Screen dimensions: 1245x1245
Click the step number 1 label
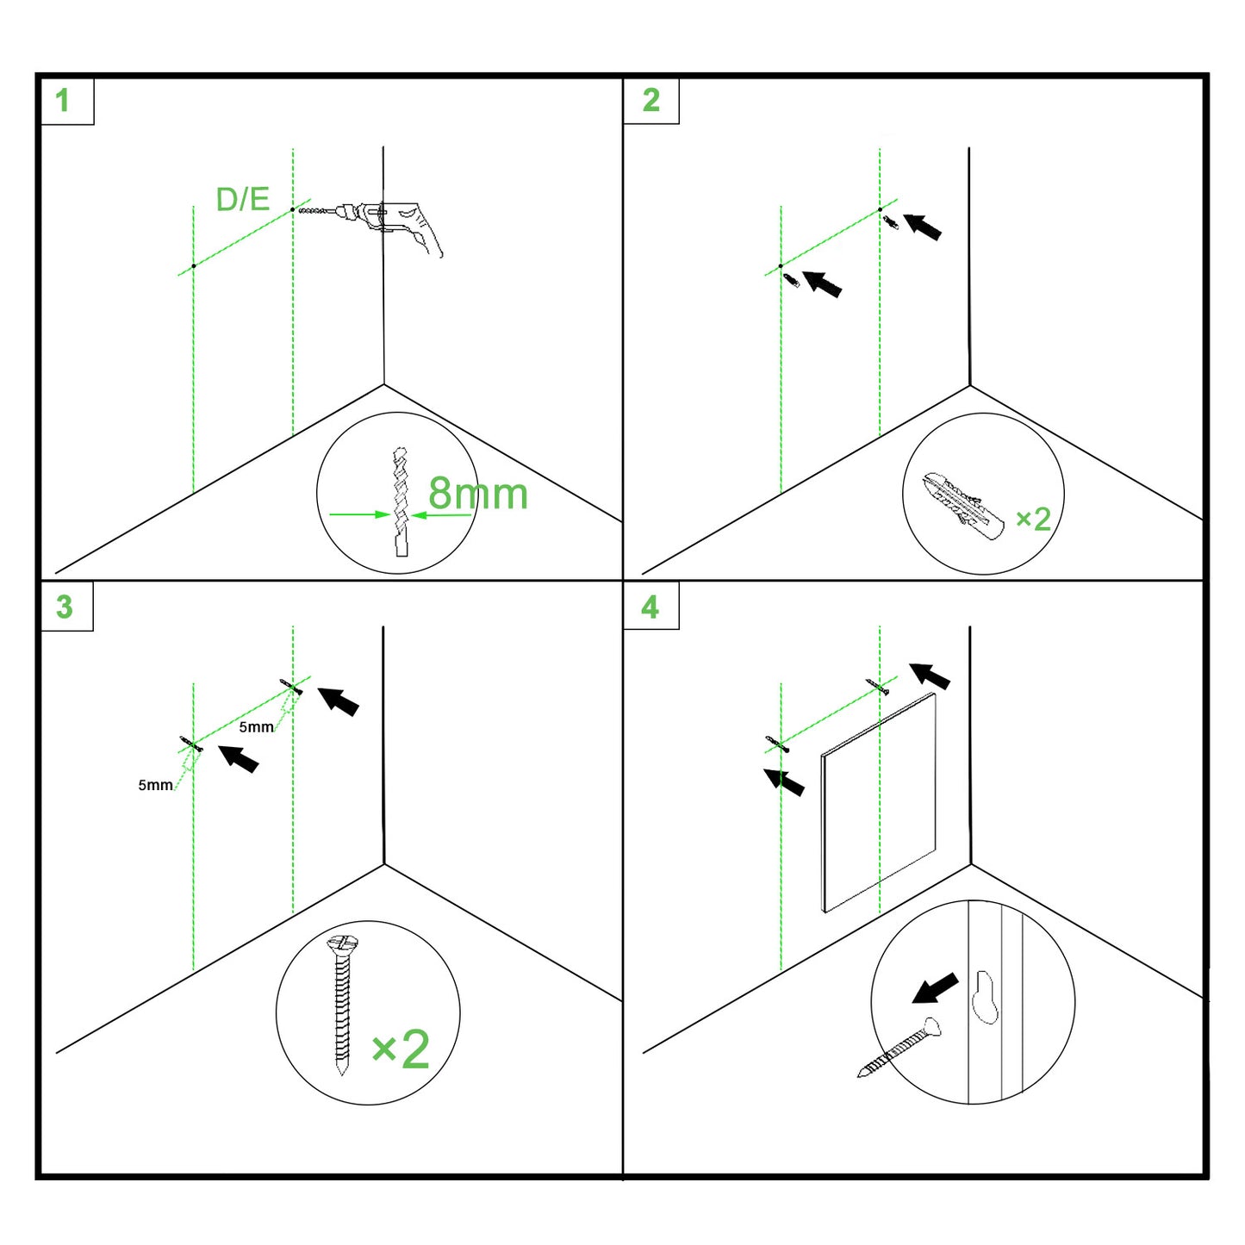(63, 101)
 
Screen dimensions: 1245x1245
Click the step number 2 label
(651, 101)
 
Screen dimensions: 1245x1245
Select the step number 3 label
(65, 607)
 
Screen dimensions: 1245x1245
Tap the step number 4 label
(651, 607)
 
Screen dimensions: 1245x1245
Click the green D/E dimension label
(242, 199)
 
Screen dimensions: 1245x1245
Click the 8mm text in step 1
(477, 494)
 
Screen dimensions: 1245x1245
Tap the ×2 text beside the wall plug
(1033, 519)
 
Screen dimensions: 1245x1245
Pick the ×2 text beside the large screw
(401, 1049)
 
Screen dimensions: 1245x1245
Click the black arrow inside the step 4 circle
(935, 988)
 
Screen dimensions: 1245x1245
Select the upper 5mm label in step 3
(256, 727)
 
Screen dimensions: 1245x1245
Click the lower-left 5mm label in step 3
(155, 785)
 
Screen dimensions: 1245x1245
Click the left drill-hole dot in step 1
(194, 266)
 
